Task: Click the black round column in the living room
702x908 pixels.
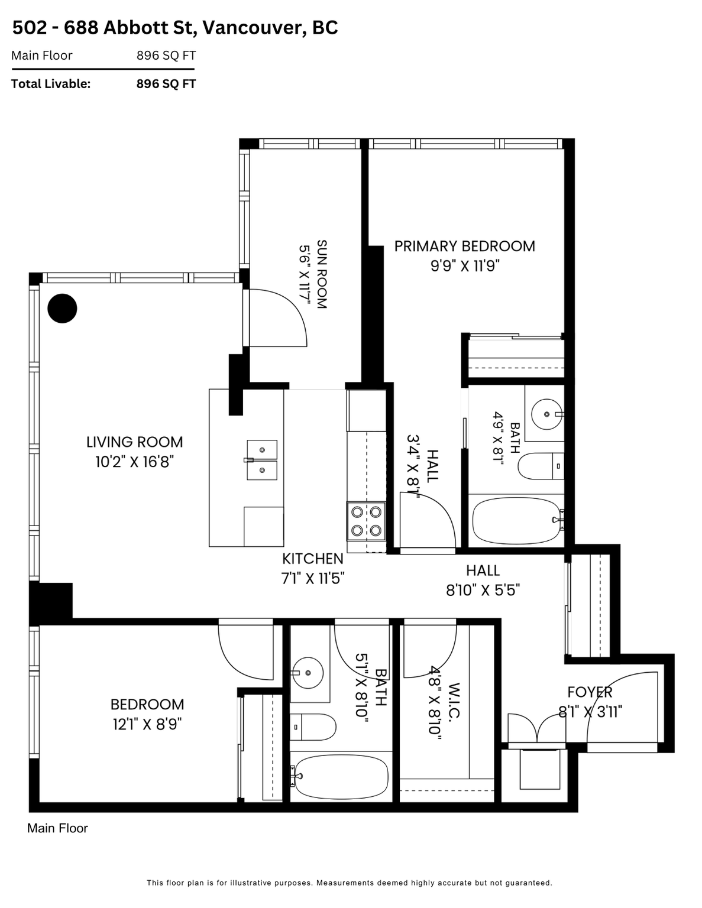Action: coord(62,309)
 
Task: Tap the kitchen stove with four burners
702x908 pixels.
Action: coord(366,521)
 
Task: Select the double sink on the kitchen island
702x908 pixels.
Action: coord(262,460)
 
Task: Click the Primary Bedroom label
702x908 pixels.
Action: coord(465,246)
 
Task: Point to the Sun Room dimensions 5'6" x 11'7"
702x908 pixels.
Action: coord(305,274)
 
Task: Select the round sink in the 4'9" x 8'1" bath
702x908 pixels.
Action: coord(546,414)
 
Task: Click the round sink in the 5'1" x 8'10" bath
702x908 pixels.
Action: coord(308,673)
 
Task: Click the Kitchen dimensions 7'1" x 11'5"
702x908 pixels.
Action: coord(313,579)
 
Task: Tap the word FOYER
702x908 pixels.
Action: coord(590,692)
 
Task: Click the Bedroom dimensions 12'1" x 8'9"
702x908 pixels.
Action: coord(147,724)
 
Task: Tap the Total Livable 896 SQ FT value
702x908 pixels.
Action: coord(166,84)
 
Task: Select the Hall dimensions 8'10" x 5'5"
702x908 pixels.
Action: coord(483,591)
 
